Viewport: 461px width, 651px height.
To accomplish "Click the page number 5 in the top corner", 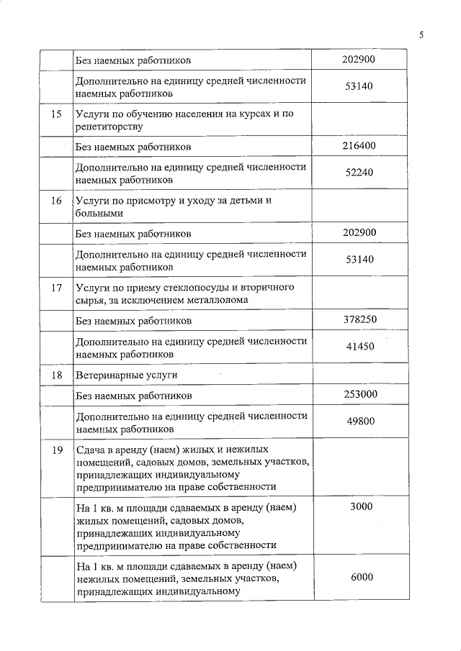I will point(421,34).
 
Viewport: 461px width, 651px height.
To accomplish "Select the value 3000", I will point(361,507).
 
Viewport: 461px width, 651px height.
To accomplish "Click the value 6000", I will point(361,577).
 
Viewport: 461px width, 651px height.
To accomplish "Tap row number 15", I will point(57,114).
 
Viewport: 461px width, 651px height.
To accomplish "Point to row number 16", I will point(57,201).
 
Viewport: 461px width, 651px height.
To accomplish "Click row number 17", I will point(57,288).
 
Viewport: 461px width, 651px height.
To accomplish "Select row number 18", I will point(57,375).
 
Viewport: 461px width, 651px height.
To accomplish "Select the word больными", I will point(99,213).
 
